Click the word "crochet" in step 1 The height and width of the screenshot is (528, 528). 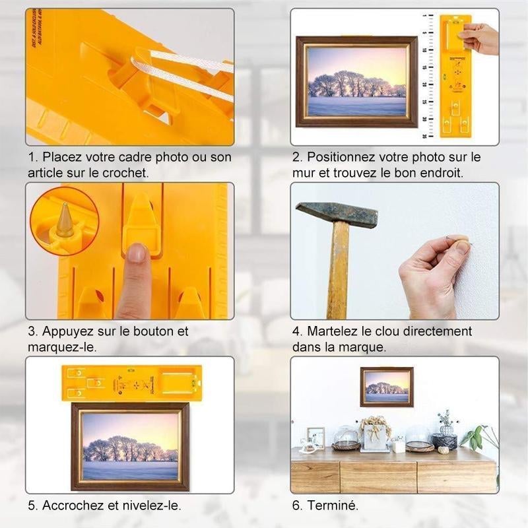pos(125,173)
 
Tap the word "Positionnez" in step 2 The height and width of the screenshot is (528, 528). pos(341,157)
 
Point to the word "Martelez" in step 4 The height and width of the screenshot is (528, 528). pos(332,331)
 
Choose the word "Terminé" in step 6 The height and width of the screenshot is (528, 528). pos(333,505)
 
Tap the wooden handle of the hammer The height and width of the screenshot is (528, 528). pos(337,269)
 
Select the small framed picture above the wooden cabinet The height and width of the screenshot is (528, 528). pos(387,387)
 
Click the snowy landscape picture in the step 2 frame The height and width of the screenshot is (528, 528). pos(357,82)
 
